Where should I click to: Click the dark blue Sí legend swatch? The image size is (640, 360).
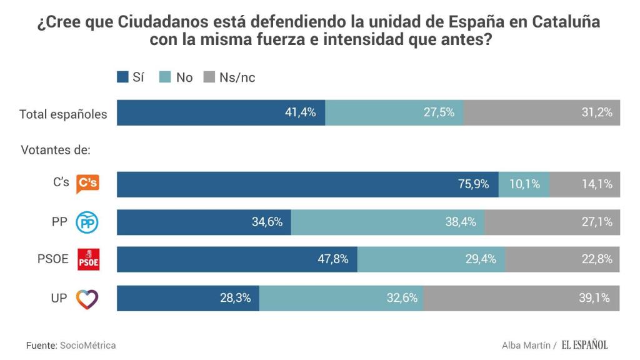point(122,77)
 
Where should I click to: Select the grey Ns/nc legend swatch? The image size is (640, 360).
point(209,77)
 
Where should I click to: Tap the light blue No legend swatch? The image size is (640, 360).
point(166,77)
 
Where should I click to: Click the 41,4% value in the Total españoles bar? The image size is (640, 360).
point(301,113)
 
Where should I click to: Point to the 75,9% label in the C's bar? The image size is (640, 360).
point(473,184)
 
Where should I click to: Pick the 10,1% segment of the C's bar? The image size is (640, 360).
point(524,184)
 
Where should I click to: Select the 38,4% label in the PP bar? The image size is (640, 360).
point(461,221)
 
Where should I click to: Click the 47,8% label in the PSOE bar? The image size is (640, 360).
point(332,259)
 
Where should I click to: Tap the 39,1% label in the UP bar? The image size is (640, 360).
point(594,298)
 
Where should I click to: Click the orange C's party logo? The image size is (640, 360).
point(87,184)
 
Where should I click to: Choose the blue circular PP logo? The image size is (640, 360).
point(87,222)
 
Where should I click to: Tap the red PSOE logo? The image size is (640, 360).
point(87,259)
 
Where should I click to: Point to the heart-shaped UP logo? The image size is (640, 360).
point(87,299)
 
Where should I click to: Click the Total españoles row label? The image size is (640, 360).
point(63,114)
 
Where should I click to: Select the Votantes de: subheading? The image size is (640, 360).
point(56,151)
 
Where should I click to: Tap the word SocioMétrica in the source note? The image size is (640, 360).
point(87,345)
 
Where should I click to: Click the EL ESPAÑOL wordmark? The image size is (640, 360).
point(584,345)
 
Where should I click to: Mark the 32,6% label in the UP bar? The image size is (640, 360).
point(401,298)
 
